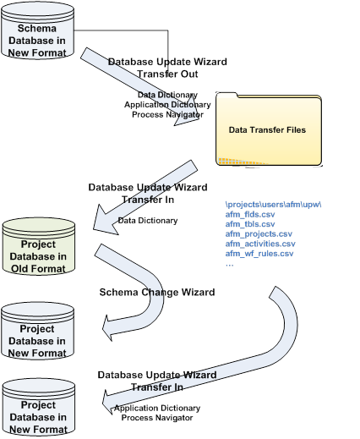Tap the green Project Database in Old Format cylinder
(39, 246)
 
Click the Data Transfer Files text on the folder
(267, 130)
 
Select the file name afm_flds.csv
(250, 214)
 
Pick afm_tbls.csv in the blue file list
(250, 224)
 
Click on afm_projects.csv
(259, 234)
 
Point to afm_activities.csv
(260, 244)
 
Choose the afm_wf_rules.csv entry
(259, 254)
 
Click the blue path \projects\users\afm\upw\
(273, 205)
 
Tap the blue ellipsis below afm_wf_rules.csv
(229, 265)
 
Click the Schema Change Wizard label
(157, 292)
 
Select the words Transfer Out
(167, 74)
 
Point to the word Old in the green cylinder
(19, 269)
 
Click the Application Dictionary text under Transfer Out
(167, 105)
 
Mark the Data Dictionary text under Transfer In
(148, 221)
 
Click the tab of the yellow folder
(227, 95)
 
